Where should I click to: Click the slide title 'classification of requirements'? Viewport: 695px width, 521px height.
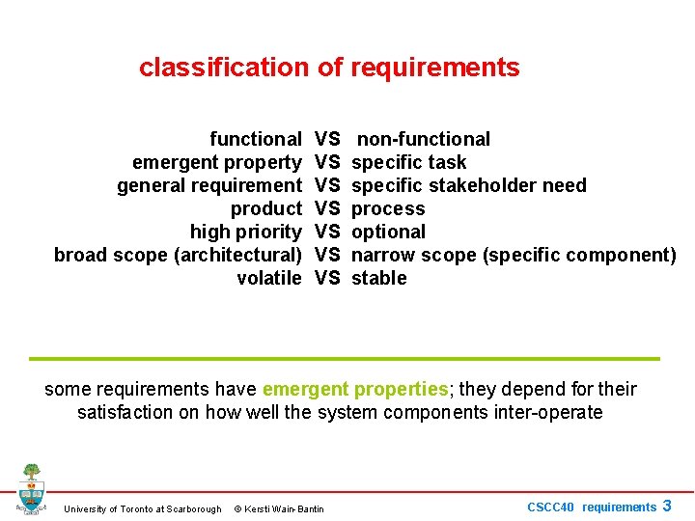click(x=329, y=68)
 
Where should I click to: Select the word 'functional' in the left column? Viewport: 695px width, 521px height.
click(x=256, y=139)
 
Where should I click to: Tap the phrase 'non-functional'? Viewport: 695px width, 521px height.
click(x=424, y=139)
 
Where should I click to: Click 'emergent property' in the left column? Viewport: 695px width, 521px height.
click(x=217, y=162)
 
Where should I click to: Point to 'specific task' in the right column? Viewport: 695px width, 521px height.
click(x=408, y=162)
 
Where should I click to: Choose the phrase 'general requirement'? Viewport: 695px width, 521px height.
click(x=209, y=185)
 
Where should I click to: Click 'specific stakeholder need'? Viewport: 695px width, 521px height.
click(x=468, y=185)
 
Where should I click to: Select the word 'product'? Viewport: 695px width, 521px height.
click(x=266, y=208)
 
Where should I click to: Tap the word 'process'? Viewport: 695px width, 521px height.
click(x=388, y=208)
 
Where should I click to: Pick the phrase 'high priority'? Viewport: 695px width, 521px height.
click(x=246, y=232)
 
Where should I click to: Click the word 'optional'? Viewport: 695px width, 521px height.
click(x=388, y=232)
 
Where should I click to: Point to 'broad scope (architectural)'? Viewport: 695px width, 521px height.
click(x=178, y=255)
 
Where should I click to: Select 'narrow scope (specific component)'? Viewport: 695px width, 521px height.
click(x=514, y=255)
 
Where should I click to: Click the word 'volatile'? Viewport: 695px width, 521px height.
click(x=269, y=278)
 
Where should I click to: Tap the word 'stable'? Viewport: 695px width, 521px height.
click(x=378, y=278)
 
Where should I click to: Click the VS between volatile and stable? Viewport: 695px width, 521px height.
click(x=327, y=278)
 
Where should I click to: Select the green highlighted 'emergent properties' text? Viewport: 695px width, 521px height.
click(x=355, y=389)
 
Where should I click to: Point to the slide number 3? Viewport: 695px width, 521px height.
click(x=667, y=506)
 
